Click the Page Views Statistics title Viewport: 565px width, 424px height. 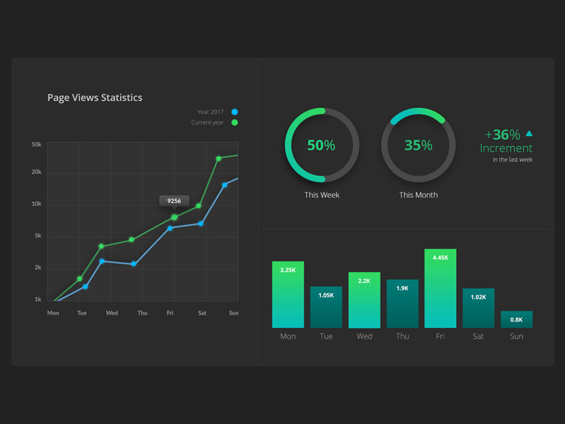tap(95, 98)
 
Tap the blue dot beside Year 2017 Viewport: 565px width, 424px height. tap(234, 112)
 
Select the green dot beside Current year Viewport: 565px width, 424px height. tap(234, 123)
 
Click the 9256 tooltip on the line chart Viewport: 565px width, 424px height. tap(174, 201)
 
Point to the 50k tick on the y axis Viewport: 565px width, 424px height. tap(37, 144)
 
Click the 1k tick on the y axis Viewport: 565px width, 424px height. tap(37, 300)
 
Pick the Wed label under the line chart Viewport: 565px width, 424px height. tap(112, 313)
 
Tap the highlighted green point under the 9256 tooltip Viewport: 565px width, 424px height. tap(174, 217)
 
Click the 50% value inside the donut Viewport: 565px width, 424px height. tap(321, 146)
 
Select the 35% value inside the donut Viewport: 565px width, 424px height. tap(418, 146)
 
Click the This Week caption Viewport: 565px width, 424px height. tap(321, 195)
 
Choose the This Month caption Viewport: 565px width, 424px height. tap(418, 195)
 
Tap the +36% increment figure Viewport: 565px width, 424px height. tap(502, 134)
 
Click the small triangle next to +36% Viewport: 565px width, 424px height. tap(529, 133)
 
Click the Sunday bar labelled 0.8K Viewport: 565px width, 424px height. tap(516, 319)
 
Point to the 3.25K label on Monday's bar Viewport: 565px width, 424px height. tap(287, 270)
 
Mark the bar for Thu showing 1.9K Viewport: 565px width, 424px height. tap(402, 304)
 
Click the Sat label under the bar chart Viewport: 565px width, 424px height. tap(478, 336)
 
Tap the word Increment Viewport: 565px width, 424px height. tap(506, 148)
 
